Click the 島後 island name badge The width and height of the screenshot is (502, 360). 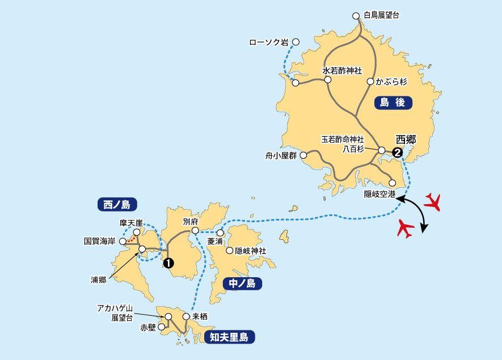[393, 103]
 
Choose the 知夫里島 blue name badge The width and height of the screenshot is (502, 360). [229, 338]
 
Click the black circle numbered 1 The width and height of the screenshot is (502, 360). [168, 262]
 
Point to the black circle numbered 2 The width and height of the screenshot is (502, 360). [397, 152]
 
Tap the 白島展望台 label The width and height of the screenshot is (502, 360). [381, 15]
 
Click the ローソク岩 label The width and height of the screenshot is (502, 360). [269, 42]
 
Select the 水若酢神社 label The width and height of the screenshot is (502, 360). [342, 71]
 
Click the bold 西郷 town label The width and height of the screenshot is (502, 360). [406, 139]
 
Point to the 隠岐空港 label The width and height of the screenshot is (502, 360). [379, 194]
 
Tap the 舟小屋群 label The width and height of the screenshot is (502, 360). [281, 155]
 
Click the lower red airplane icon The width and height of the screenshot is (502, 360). [406, 228]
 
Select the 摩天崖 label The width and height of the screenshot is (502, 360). [130, 223]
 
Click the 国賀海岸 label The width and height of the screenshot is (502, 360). [100, 241]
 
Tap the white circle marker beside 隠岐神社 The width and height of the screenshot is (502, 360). [230, 251]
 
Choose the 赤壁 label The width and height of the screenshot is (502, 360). [148, 328]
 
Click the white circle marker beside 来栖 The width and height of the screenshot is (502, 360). [185, 316]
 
